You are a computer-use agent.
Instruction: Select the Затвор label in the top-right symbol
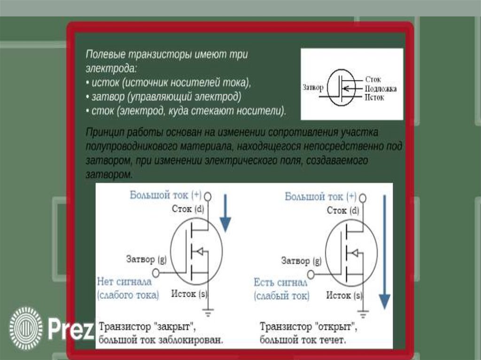tap(314, 88)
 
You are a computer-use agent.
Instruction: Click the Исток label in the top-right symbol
tap(374, 98)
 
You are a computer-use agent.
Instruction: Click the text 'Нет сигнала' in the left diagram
tap(124, 282)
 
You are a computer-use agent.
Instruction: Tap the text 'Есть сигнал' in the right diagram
tap(280, 283)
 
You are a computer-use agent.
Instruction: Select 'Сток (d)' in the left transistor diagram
tap(188, 209)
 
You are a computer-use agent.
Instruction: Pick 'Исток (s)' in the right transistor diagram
tap(344, 296)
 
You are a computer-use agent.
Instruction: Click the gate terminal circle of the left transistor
tap(156, 272)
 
